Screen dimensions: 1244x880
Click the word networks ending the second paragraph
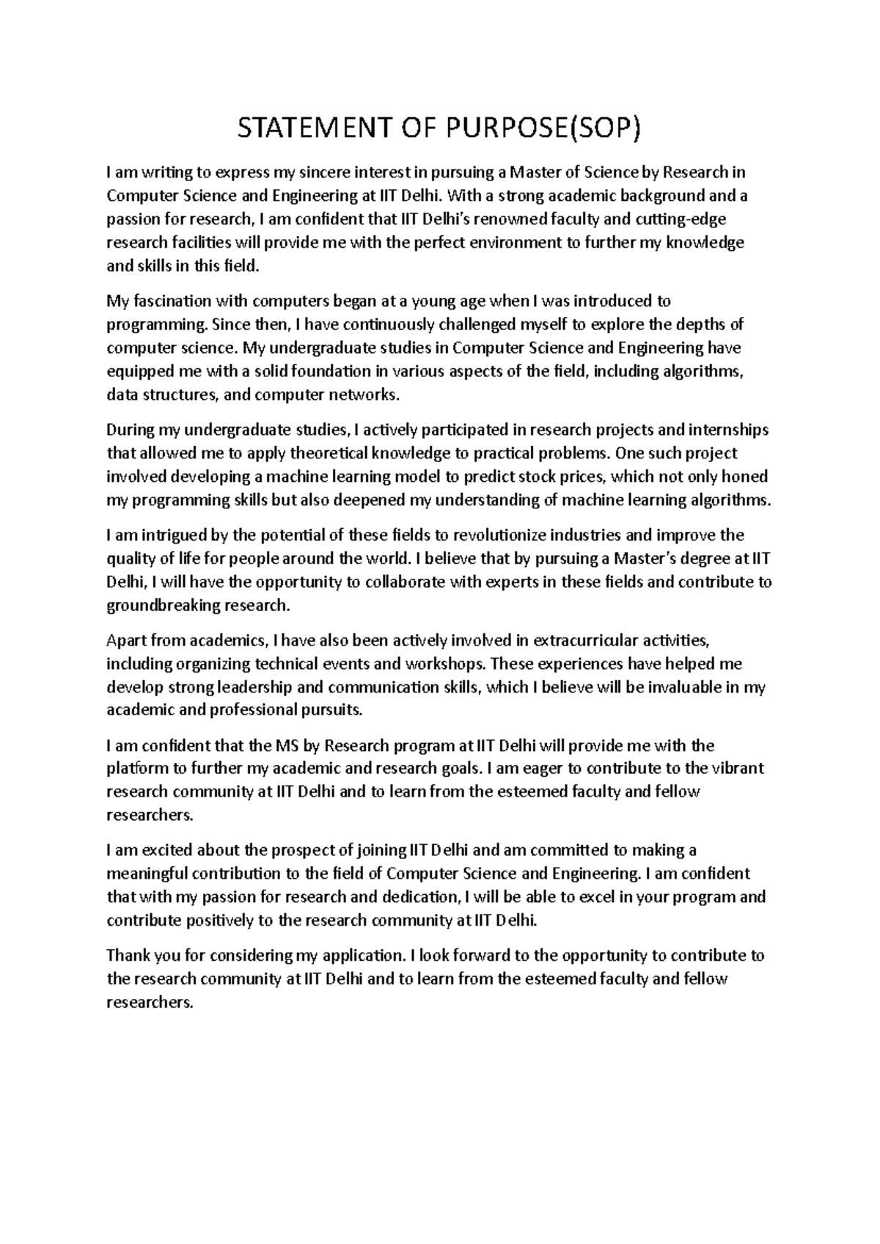371,395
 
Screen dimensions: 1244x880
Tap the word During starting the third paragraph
129,430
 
